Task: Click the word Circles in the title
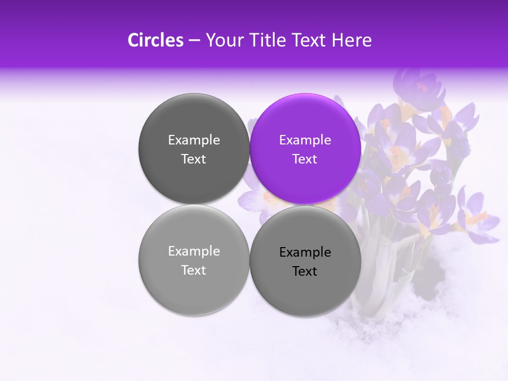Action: point(155,40)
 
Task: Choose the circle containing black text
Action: point(305,261)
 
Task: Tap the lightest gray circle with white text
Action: point(194,260)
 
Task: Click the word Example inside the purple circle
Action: point(305,140)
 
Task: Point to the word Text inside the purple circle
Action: point(305,159)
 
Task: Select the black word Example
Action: point(305,252)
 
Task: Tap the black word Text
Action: point(305,271)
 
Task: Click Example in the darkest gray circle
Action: point(194,140)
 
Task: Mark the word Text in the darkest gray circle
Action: point(194,159)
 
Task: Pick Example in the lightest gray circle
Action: point(194,251)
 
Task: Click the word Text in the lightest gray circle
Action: point(194,270)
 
